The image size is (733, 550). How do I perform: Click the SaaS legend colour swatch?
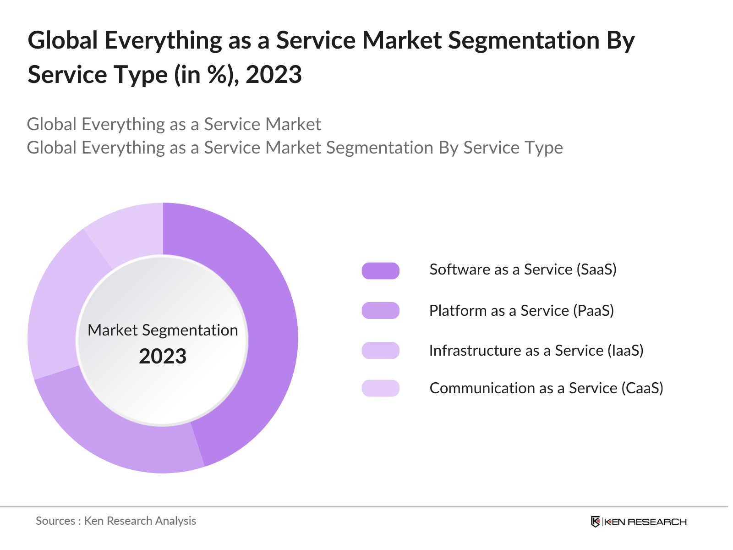[380, 270]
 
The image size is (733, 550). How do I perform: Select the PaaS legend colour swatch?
[380, 310]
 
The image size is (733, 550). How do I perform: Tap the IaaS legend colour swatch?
[380, 350]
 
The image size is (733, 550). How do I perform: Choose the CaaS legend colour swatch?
[380, 388]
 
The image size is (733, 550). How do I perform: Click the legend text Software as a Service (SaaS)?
[523, 269]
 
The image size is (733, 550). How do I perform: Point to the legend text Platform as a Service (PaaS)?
[521, 311]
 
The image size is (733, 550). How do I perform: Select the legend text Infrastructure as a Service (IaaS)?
[536, 351]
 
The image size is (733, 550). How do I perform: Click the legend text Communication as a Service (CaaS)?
[546, 388]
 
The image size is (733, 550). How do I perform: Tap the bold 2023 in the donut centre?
[163, 357]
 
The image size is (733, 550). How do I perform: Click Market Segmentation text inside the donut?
[163, 330]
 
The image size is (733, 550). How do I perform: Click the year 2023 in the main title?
[274, 75]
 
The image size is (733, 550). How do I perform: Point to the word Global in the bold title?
[63, 40]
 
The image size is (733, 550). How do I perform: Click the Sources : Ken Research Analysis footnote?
[116, 521]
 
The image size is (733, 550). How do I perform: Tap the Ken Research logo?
[638, 522]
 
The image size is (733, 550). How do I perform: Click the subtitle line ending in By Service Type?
[295, 148]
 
